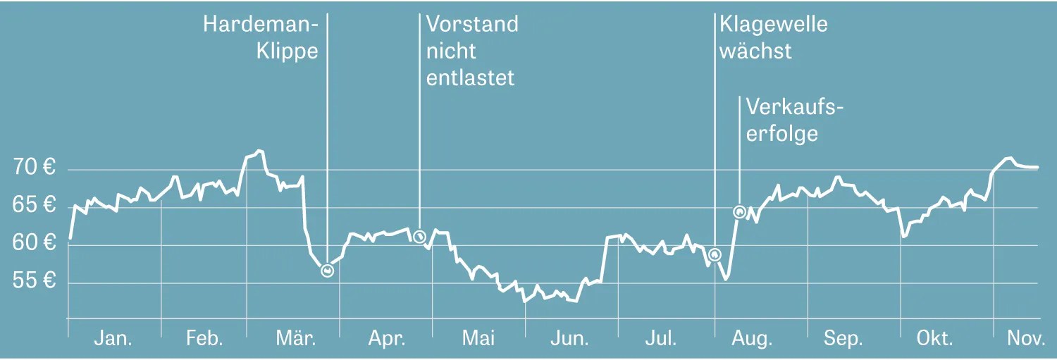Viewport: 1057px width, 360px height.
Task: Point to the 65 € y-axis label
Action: (x=34, y=206)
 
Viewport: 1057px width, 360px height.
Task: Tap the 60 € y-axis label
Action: (x=34, y=244)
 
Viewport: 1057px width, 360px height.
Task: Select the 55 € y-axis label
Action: (x=34, y=282)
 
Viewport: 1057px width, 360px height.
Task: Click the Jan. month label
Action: (x=113, y=339)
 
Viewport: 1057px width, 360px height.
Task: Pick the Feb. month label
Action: (x=204, y=339)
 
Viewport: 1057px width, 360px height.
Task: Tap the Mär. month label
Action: (x=295, y=339)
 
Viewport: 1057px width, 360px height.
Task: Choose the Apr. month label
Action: (x=387, y=339)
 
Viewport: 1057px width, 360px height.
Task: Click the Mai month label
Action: (x=478, y=339)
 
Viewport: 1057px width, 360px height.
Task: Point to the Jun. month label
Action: (x=569, y=339)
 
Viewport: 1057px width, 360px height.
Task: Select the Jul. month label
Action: (x=661, y=339)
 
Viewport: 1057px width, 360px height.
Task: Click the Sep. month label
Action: (x=843, y=339)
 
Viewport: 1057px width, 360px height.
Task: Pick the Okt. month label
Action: (x=934, y=339)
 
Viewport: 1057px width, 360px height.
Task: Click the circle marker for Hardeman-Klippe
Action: (x=327, y=271)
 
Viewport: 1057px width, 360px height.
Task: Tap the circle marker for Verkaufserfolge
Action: (x=739, y=211)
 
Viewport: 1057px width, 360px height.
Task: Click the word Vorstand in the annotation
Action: (x=472, y=25)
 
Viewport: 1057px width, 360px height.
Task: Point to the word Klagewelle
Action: (x=773, y=25)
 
